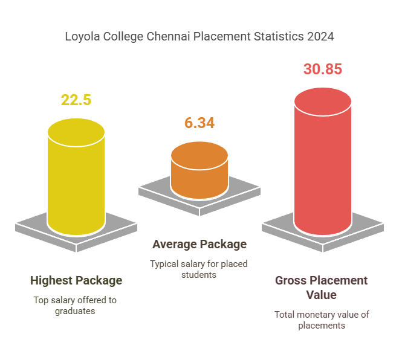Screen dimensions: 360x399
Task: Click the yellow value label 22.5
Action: pos(76,100)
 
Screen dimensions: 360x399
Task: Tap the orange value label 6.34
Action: pos(199,123)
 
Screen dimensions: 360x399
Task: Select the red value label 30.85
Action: pos(323,69)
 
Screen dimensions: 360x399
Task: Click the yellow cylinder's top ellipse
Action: pos(76,132)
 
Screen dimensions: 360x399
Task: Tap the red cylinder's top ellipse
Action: pos(323,101)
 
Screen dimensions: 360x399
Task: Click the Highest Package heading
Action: pos(76,280)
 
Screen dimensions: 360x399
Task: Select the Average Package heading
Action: pos(199,244)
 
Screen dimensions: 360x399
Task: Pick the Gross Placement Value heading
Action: pos(322,288)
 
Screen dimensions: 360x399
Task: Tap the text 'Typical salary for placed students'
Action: pos(199,269)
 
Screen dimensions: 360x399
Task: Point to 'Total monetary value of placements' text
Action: pos(322,320)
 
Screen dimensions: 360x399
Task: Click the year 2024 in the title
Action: pos(320,37)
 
